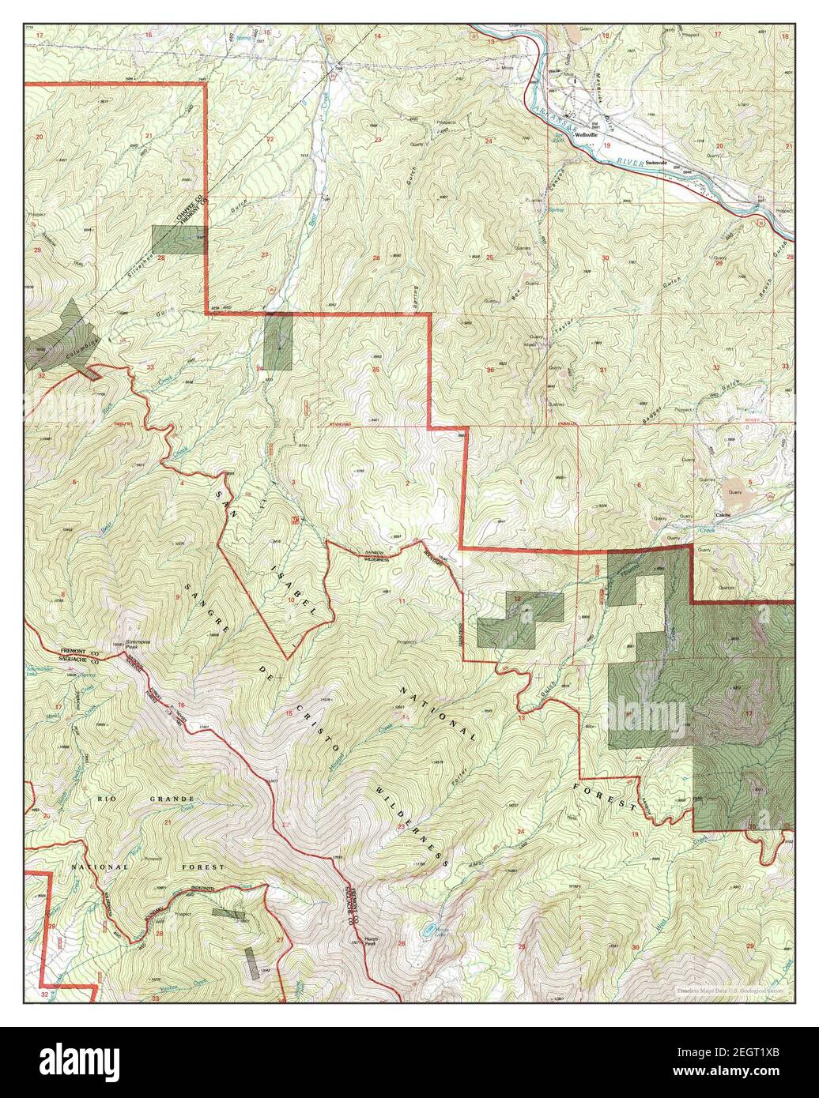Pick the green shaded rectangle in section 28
pyautogui.click(x=179, y=240)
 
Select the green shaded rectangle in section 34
pyautogui.click(x=278, y=340)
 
